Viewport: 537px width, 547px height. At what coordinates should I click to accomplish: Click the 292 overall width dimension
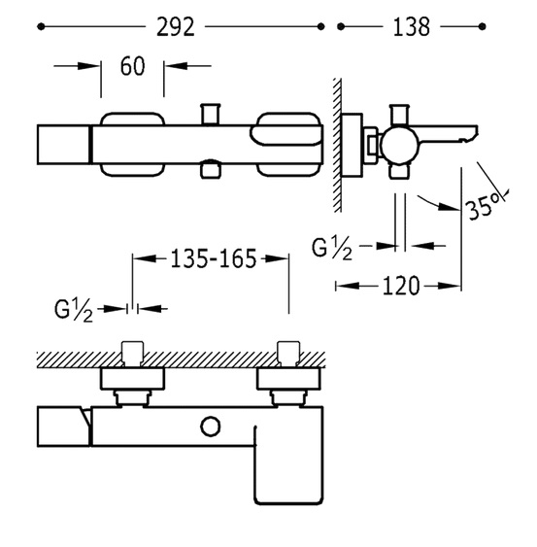[x=175, y=27]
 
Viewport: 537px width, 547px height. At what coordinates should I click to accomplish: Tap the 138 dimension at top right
[x=411, y=27]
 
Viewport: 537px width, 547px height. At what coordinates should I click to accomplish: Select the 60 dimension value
[x=132, y=66]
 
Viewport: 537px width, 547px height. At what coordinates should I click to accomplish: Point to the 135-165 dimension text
[x=213, y=258]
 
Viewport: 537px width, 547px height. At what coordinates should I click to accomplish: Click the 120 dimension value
[x=401, y=286]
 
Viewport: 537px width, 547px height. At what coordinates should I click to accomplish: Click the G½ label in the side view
[x=332, y=249]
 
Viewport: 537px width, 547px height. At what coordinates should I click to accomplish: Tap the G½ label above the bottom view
[x=74, y=310]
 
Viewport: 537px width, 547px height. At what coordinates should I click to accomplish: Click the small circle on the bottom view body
[x=211, y=427]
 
